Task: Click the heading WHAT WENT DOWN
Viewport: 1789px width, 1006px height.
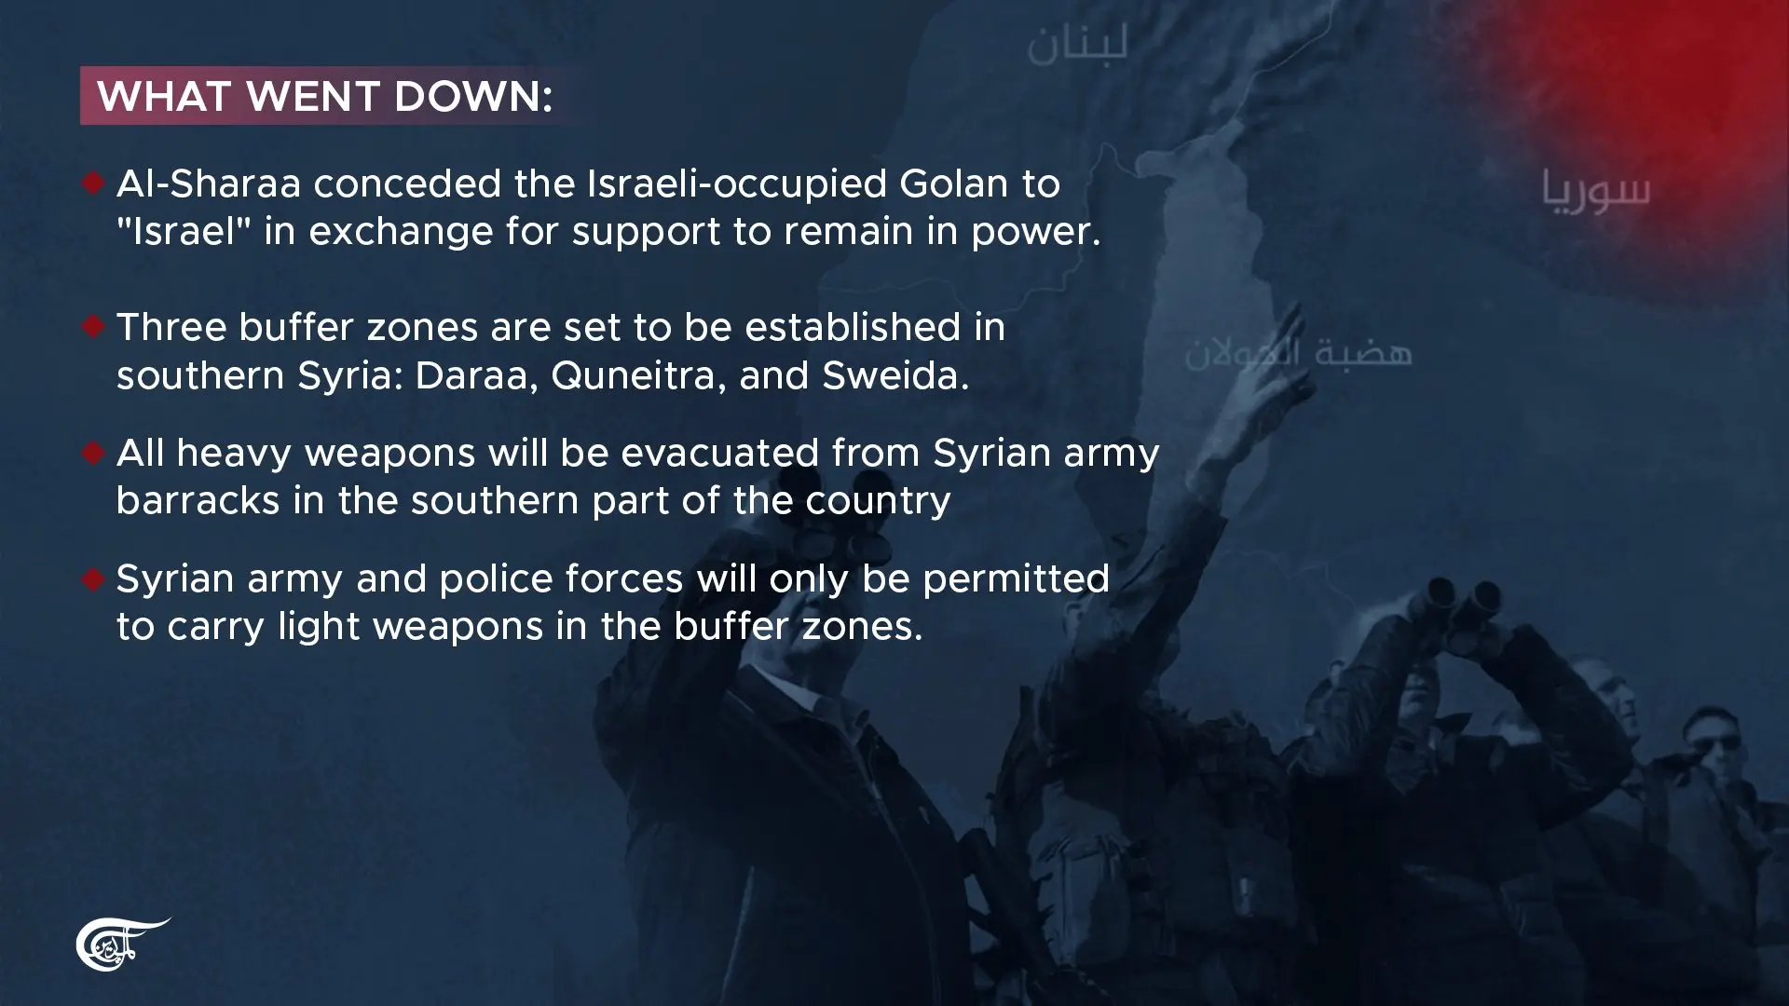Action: coord(325,96)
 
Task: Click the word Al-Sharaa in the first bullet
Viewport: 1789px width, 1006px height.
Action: coord(209,184)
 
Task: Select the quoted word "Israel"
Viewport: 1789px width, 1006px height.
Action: coord(184,231)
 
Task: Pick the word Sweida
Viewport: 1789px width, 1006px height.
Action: coord(895,376)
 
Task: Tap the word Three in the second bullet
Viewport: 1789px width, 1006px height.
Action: coord(171,328)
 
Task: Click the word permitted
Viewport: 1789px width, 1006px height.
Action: coord(1016,579)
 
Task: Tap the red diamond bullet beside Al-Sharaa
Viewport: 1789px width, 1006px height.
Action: coord(92,184)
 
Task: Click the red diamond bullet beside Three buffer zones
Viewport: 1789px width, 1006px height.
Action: coord(92,327)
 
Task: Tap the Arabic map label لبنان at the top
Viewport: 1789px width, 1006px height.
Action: coord(1078,44)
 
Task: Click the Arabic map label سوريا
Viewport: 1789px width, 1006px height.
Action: coord(1595,189)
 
